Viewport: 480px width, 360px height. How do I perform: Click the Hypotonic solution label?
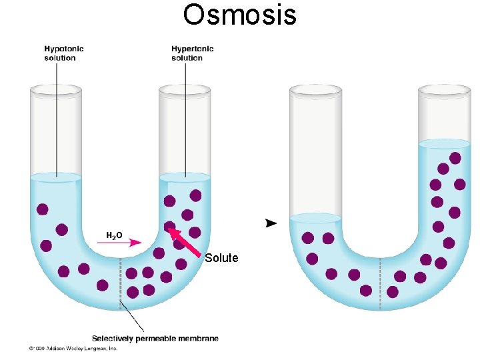pos(64,53)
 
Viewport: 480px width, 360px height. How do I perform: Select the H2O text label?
pos(114,235)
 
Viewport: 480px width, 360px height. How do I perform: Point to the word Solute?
pos(221,258)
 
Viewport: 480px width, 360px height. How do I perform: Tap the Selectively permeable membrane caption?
pos(155,339)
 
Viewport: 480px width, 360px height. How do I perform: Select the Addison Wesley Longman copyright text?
pos(73,348)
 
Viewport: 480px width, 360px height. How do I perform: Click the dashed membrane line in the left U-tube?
pos(120,280)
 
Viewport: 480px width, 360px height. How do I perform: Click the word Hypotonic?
pos(64,49)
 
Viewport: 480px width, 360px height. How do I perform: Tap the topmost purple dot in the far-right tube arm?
pos(455,158)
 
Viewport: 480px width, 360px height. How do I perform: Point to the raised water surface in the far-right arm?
pos(444,143)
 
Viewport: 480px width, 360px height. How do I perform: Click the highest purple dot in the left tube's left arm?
pos(43,209)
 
